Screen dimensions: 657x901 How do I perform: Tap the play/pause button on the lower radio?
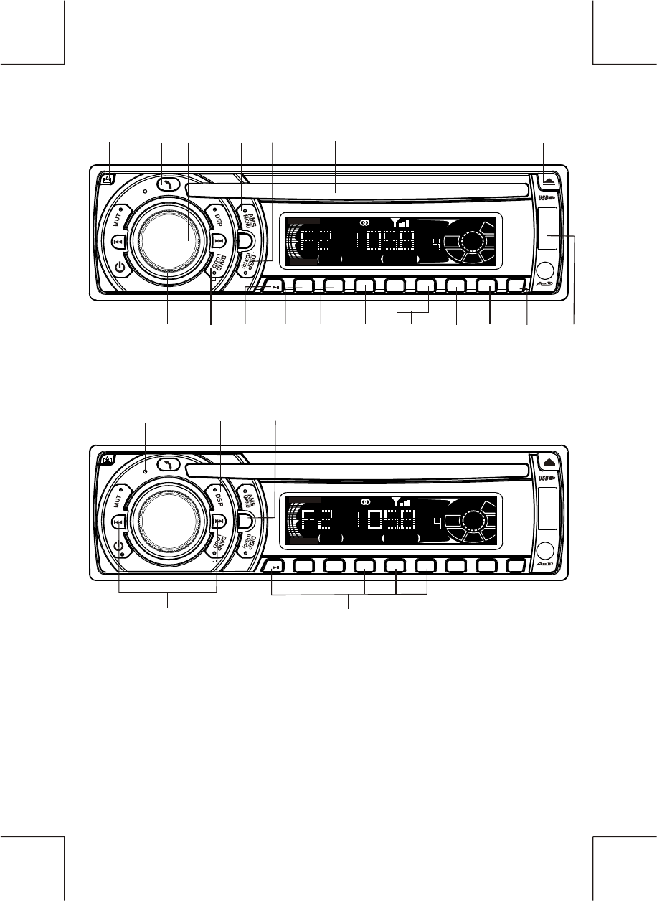click(x=276, y=569)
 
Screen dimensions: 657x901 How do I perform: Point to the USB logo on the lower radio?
click(x=547, y=476)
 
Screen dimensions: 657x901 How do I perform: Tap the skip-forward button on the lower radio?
click(x=219, y=522)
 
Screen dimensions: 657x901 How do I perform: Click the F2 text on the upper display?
click(x=313, y=243)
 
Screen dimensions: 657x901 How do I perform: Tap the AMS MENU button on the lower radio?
click(x=247, y=494)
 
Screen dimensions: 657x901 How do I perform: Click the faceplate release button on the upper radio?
click(x=108, y=178)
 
